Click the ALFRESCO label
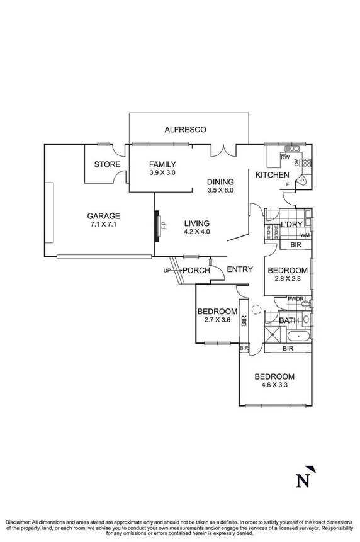[185, 130]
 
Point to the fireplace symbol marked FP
[160, 226]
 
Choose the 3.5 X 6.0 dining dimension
[220, 190]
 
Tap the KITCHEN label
[272, 175]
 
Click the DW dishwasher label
[284, 157]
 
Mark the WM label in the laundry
[305, 235]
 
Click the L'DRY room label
[291, 225]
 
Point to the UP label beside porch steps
[167, 271]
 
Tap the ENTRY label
[240, 269]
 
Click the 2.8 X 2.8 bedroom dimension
[287, 281]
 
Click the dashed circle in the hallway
[256, 310]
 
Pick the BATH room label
[289, 320]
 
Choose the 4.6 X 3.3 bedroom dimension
[274, 387]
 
